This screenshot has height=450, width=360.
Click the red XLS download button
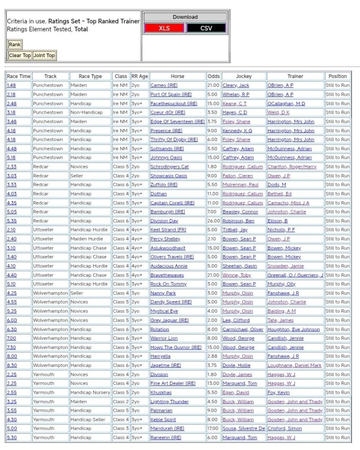pos(164,28)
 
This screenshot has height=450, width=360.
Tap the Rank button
pos(15,44)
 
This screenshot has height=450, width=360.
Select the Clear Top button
pos(20,55)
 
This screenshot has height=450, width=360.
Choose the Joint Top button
pos(44,55)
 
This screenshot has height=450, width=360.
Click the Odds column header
pos(214,76)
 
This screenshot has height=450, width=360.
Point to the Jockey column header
pos(244,76)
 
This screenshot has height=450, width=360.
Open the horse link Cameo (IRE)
pos(164,85)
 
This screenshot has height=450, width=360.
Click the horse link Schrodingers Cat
pos(170,167)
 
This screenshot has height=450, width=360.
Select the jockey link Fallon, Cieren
pos(240,176)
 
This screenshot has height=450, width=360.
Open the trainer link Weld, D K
pos(279,112)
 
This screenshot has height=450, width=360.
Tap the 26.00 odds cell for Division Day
pos(213,221)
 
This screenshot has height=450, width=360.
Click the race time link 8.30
pos(11,365)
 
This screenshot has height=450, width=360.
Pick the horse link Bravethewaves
pos(167,275)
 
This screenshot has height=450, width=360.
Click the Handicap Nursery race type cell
pos(91,392)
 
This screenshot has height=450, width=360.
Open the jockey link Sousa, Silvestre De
pos(244,428)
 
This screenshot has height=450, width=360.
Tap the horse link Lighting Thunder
pos(169,402)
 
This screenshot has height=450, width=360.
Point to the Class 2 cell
pos(121,402)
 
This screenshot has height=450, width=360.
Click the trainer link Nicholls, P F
pos(281,230)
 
